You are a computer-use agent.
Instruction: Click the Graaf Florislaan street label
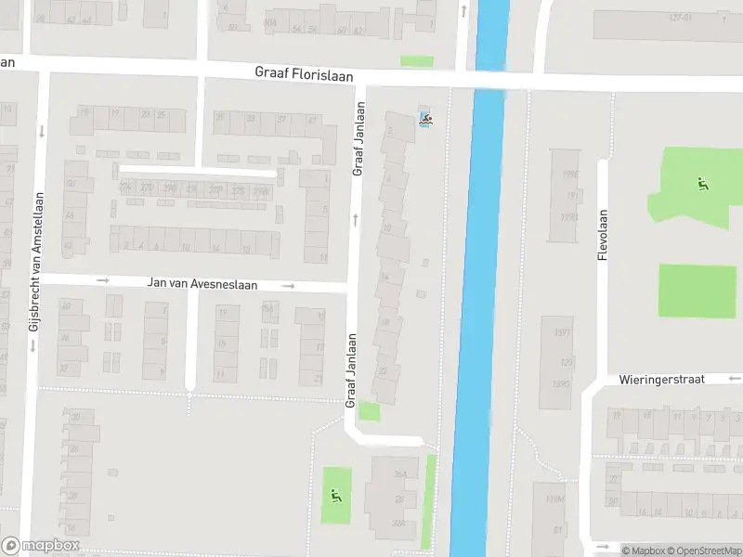coord(304,74)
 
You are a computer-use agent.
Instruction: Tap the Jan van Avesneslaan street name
coord(202,284)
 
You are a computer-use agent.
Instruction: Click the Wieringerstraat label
coord(662,380)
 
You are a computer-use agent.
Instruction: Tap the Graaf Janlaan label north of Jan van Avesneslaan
coord(358,138)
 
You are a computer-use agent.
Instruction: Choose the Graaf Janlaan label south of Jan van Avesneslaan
coord(352,370)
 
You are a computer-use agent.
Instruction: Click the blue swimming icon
coord(425,120)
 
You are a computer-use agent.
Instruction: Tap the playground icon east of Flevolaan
coord(703,183)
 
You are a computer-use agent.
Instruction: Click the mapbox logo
coord(41,546)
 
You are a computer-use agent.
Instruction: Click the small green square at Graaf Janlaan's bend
coord(370,411)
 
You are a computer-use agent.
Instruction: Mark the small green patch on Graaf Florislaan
coord(417,61)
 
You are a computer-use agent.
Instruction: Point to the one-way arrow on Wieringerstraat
coord(736,379)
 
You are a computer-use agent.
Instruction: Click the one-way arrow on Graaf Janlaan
coord(355,220)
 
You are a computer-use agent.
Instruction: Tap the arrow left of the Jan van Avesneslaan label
coord(103,280)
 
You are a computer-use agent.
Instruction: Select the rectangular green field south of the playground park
coord(690,290)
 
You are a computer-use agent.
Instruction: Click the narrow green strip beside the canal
coord(429,500)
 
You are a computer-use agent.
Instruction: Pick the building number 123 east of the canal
coord(566,362)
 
